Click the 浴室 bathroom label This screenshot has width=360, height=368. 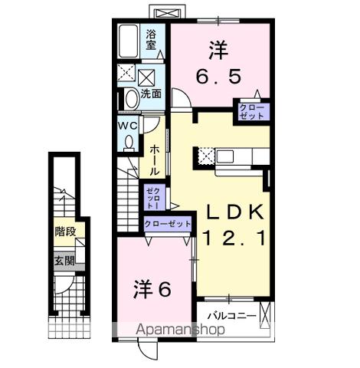coord(152,39)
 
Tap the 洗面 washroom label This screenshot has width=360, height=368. coord(151,94)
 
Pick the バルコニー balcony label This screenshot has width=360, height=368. coord(231,315)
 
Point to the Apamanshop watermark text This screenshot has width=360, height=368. coord(179,330)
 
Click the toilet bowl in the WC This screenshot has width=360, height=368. coord(129,141)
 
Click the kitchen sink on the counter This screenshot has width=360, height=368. coord(227,156)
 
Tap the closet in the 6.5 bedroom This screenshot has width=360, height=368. coord(251,110)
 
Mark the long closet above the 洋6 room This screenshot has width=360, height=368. coord(168,223)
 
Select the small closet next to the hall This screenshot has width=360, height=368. coord(149,198)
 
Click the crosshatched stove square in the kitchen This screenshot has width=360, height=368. coord(206,156)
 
